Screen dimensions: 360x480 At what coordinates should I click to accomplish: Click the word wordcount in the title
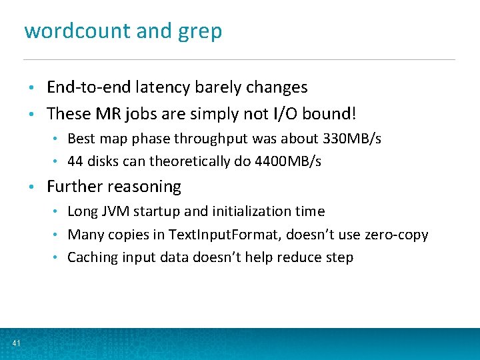tap(65, 31)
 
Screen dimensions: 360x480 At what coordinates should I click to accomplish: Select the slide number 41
tap(16, 343)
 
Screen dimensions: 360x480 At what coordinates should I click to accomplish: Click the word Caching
tap(92, 257)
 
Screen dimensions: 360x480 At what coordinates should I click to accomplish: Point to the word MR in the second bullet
tap(105, 114)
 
